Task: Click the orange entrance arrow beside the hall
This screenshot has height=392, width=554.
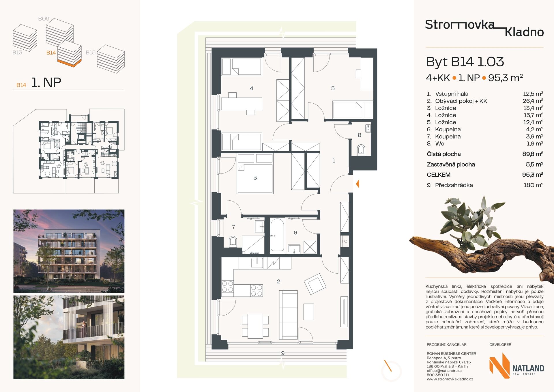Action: (358, 184)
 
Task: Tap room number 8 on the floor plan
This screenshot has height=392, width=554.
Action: (360, 135)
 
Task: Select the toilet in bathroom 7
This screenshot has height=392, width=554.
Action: (233, 241)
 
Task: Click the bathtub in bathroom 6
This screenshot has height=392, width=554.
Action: (277, 235)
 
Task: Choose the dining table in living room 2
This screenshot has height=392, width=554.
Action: (255, 326)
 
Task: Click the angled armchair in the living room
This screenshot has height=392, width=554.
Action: (315, 284)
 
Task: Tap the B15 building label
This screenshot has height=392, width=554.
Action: (91, 53)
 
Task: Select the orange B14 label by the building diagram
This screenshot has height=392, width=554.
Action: (51, 53)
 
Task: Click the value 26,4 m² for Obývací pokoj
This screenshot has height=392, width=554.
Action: (533, 101)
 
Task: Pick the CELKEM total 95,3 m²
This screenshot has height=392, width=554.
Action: (533, 175)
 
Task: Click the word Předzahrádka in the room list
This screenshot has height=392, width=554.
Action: (454, 185)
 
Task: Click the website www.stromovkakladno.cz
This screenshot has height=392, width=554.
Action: (450, 379)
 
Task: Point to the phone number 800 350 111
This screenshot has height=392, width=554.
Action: (438, 375)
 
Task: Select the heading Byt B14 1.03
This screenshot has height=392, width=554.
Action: (465, 62)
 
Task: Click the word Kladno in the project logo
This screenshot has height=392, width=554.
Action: (524, 32)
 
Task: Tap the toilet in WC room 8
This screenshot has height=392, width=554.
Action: (361, 150)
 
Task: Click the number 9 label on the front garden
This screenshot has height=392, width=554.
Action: (283, 353)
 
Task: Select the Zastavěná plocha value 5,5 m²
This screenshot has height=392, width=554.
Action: (534, 164)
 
